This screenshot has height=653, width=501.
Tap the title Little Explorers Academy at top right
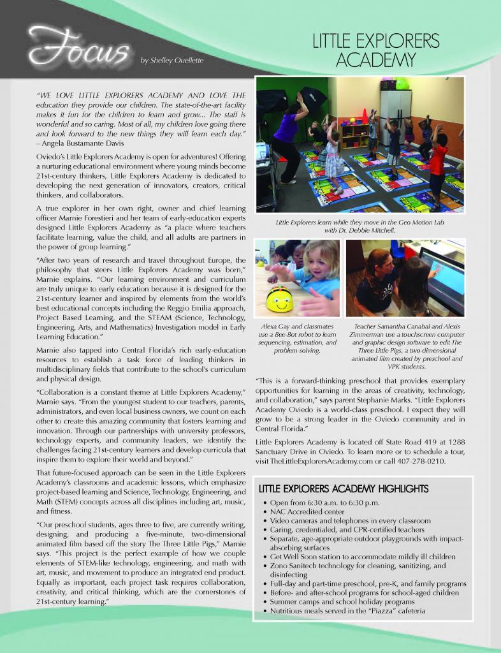(375, 51)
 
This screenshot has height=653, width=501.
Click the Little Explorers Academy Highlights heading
(343, 489)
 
